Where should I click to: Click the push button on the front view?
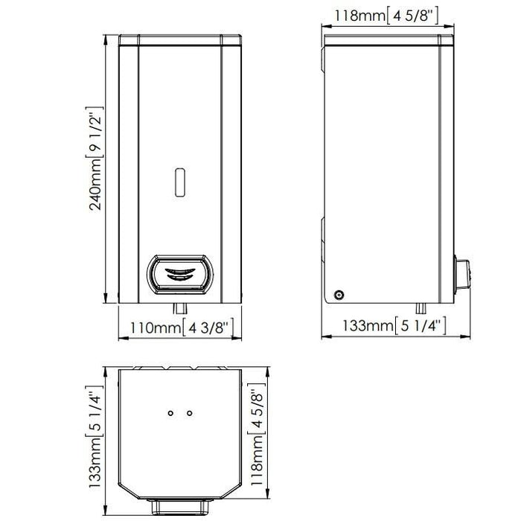click(180, 275)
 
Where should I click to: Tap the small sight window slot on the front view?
click(180, 182)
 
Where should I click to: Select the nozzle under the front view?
click(180, 308)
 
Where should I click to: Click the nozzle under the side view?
click(421, 308)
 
